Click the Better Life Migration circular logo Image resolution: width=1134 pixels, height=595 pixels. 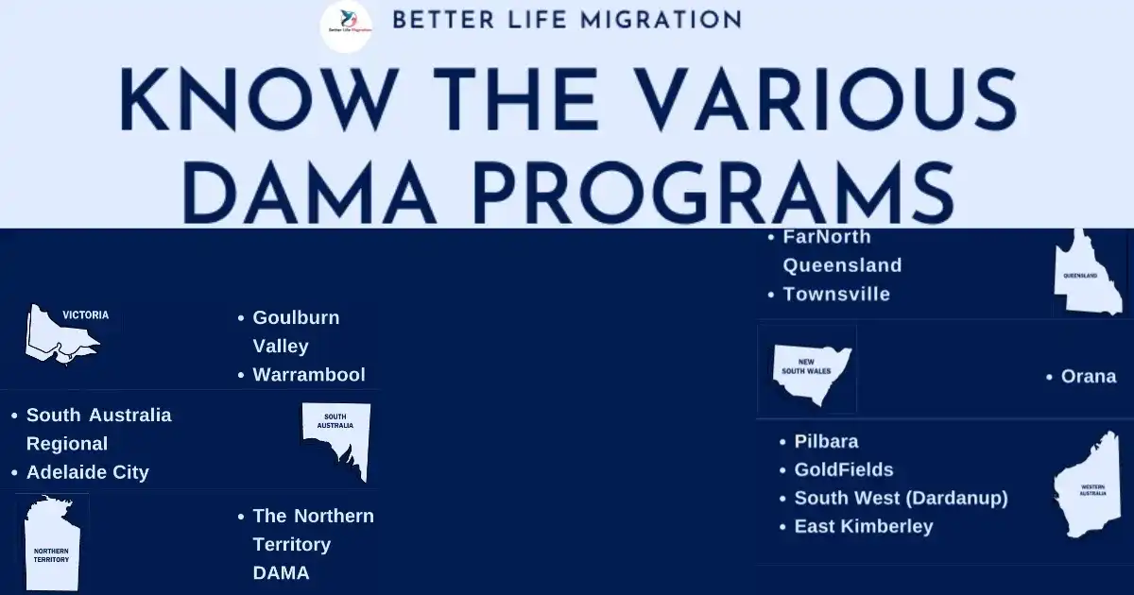[347, 26]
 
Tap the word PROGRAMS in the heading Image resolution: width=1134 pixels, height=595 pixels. [713, 193]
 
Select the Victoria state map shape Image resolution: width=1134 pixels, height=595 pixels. [61, 334]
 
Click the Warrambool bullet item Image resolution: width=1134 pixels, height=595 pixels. [309, 375]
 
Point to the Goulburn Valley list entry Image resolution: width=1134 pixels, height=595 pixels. [296, 331]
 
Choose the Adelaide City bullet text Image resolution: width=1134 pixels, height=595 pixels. [88, 472]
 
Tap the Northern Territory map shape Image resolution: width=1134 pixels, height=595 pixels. [52, 543]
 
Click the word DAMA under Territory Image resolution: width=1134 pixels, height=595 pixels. [281, 573]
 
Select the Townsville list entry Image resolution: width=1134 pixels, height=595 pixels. [836, 295]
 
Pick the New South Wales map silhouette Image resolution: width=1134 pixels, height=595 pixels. [811, 374]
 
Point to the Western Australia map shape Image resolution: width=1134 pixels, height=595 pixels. [1088, 484]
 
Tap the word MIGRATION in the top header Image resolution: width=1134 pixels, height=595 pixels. [661, 20]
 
